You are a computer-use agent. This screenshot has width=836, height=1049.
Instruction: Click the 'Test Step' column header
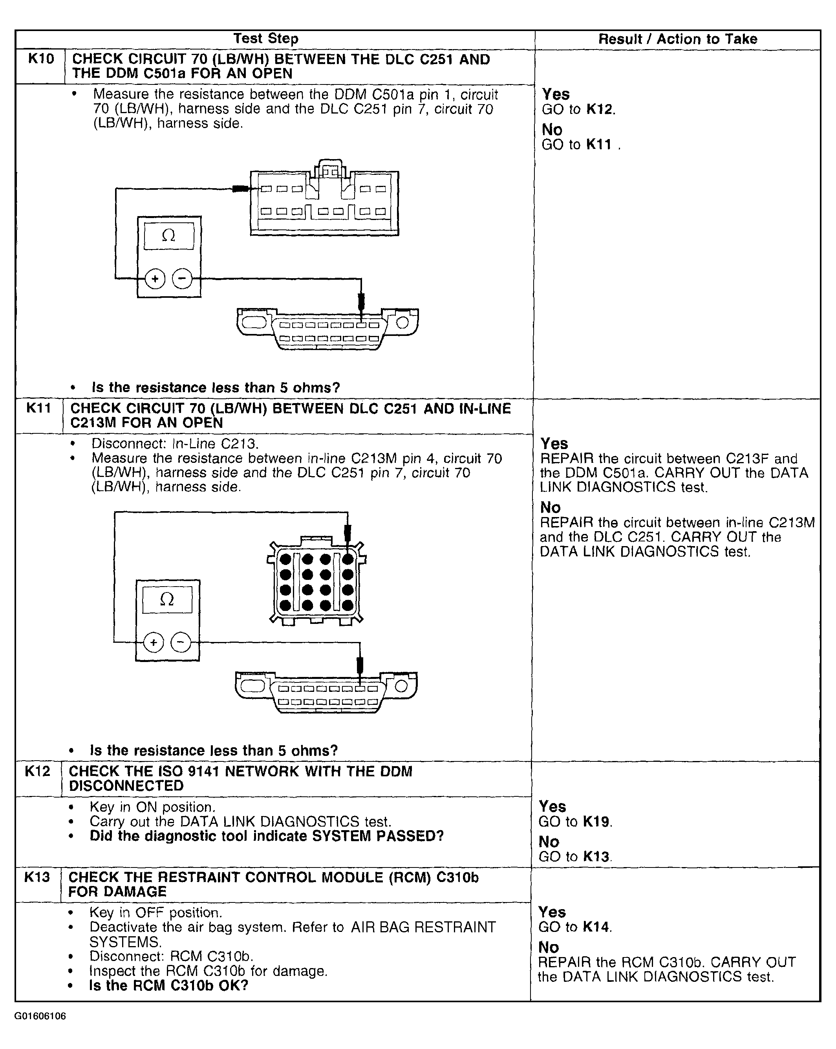tap(265, 39)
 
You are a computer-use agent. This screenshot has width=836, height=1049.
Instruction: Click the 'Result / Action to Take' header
tap(677, 39)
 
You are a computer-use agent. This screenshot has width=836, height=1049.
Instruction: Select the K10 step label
tap(41, 59)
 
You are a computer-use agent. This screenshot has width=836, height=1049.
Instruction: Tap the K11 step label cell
tap(39, 408)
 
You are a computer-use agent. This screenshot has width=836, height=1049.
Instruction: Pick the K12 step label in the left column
tap(37, 771)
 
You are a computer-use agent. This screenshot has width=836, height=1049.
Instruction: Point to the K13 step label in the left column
tap(37, 877)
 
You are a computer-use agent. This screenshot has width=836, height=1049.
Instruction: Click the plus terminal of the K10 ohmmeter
tap(155, 279)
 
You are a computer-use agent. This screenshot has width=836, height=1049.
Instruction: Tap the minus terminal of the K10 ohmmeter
tap(182, 279)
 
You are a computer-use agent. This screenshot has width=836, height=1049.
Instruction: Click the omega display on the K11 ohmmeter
tap(167, 600)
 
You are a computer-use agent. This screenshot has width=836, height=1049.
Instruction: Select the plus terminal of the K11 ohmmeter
tap(154, 642)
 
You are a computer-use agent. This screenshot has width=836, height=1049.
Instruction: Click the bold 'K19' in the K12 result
tap(596, 822)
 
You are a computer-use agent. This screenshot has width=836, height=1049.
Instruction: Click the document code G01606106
tap(40, 1016)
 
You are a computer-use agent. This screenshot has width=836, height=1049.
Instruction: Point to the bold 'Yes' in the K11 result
tap(554, 443)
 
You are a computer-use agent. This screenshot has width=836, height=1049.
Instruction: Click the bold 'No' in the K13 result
tap(549, 947)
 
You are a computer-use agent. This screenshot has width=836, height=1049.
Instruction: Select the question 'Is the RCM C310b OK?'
tap(169, 986)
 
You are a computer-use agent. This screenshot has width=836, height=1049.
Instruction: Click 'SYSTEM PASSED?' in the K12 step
tap(378, 836)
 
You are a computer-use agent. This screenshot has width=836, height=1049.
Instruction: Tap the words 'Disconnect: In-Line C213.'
tap(175, 444)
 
